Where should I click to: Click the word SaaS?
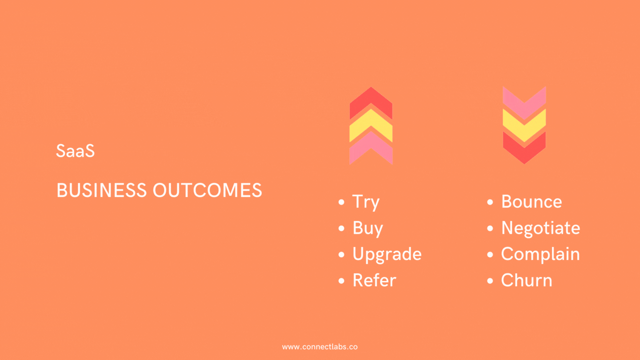click(x=75, y=151)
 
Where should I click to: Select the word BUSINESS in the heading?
click(x=101, y=190)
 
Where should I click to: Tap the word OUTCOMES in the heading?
click(x=208, y=190)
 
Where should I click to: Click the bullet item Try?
click(x=366, y=202)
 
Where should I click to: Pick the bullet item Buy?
click(x=368, y=228)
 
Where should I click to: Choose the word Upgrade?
click(x=387, y=255)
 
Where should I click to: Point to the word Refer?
click(x=375, y=280)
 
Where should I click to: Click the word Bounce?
click(x=532, y=202)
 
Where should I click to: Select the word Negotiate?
click(x=541, y=228)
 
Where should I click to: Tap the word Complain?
click(x=540, y=254)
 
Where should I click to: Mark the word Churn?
click(x=527, y=280)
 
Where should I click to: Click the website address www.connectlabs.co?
click(x=320, y=347)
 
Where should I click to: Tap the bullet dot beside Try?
click(x=341, y=202)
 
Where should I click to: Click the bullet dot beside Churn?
click(x=490, y=280)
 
